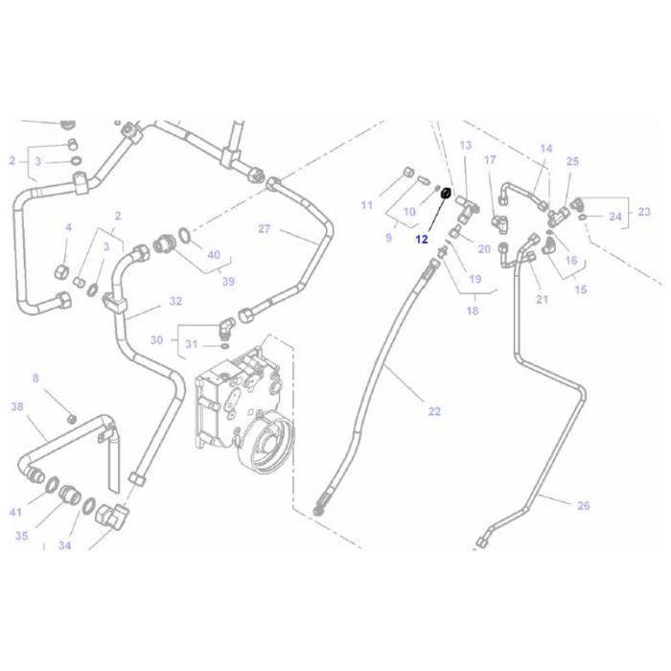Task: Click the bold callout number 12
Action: (422, 241)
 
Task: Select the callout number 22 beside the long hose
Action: (434, 411)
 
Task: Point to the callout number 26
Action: (584, 505)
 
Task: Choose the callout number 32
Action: (175, 301)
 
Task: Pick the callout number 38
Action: (16, 406)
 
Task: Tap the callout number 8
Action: (35, 379)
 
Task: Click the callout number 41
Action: (15, 512)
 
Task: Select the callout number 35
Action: (21, 536)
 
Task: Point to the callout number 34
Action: (64, 545)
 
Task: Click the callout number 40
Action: (213, 255)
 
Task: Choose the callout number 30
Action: (156, 340)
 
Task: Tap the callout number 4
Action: (68, 227)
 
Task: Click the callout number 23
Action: (644, 211)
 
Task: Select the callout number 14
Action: (546, 149)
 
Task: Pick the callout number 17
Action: (490, 159)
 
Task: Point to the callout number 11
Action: (366, 205)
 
